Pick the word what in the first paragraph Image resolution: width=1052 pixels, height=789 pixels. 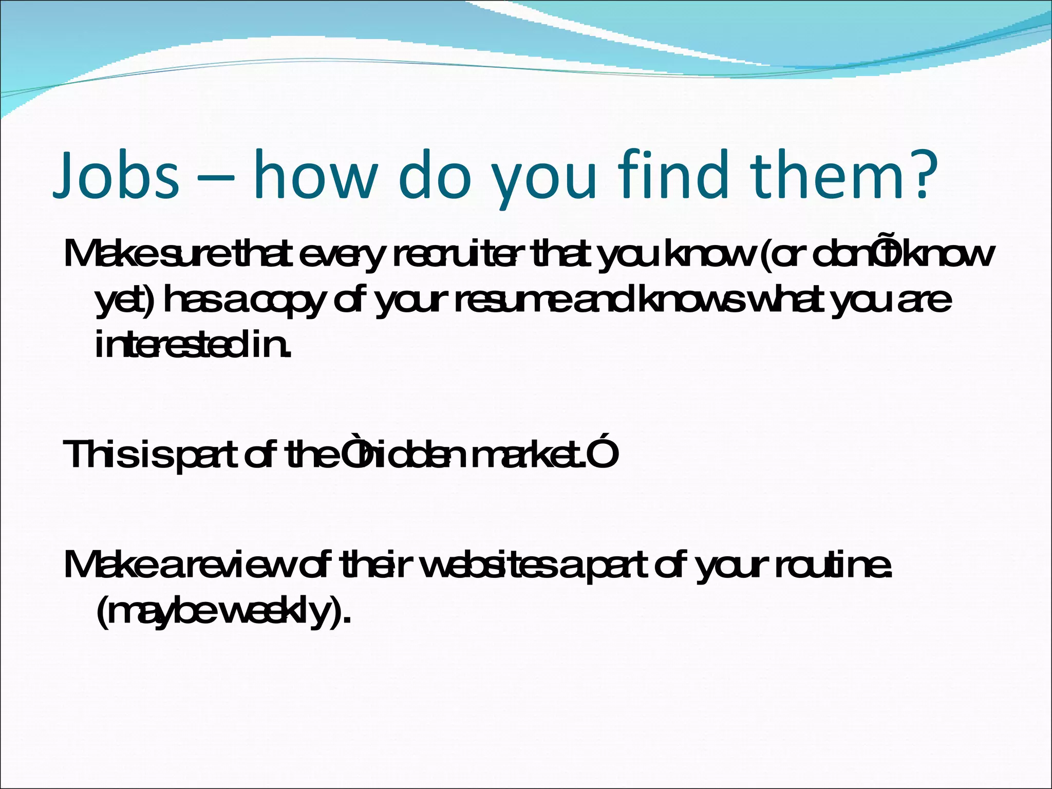coord(788,301)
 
